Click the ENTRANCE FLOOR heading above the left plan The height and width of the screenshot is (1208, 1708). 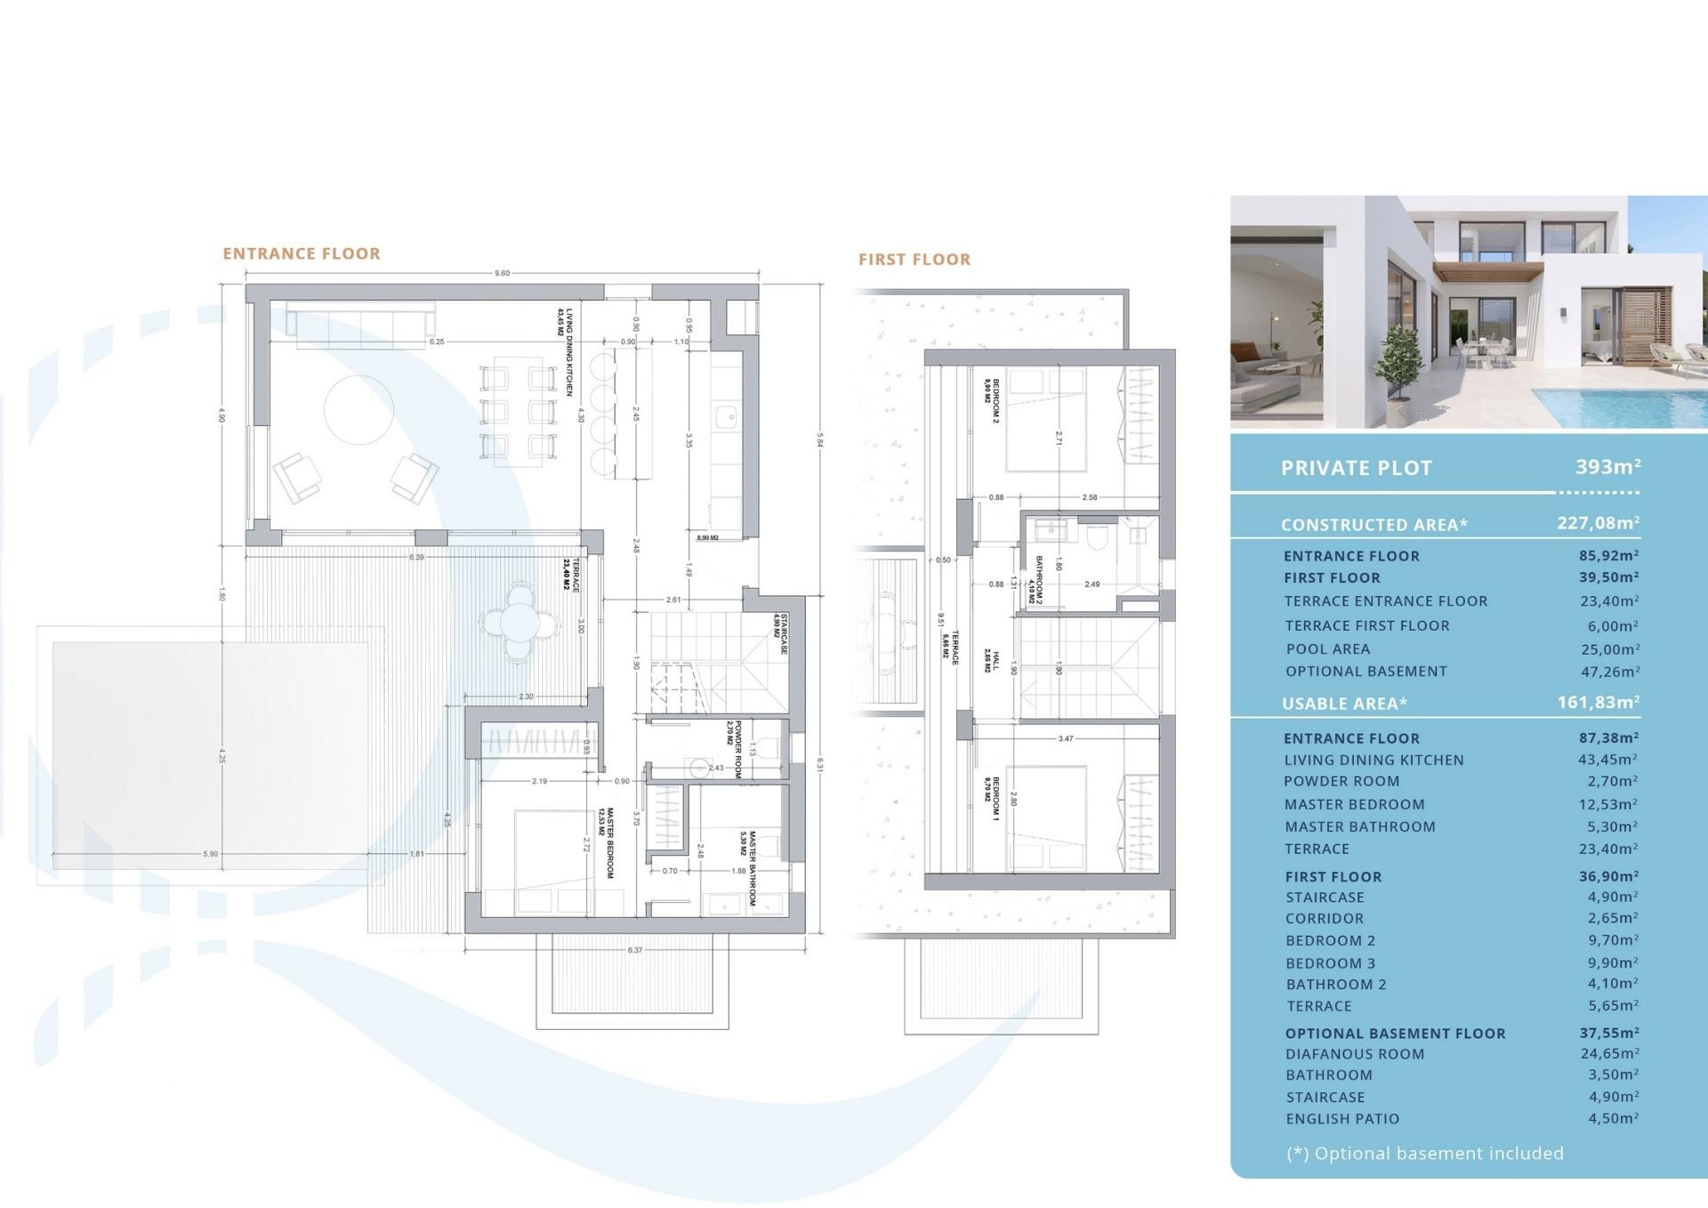302,254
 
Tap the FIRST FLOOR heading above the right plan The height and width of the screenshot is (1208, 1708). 914,260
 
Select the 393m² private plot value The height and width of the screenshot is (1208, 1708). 1607,466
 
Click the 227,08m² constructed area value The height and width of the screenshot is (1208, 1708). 1598,523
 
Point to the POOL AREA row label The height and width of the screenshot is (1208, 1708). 1327,649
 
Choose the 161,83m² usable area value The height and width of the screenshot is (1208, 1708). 1598,702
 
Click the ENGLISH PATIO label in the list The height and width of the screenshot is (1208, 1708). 1341,1119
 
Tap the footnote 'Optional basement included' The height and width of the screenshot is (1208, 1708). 1424,1154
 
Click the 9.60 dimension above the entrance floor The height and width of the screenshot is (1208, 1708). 503,273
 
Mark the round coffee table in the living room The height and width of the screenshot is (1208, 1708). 359,409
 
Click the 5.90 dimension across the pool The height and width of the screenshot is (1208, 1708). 210,854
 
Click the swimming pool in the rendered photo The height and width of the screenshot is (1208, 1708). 1628,406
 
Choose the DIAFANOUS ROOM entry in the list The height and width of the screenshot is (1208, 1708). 1354,1054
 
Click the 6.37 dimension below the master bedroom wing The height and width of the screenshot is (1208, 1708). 634,950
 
